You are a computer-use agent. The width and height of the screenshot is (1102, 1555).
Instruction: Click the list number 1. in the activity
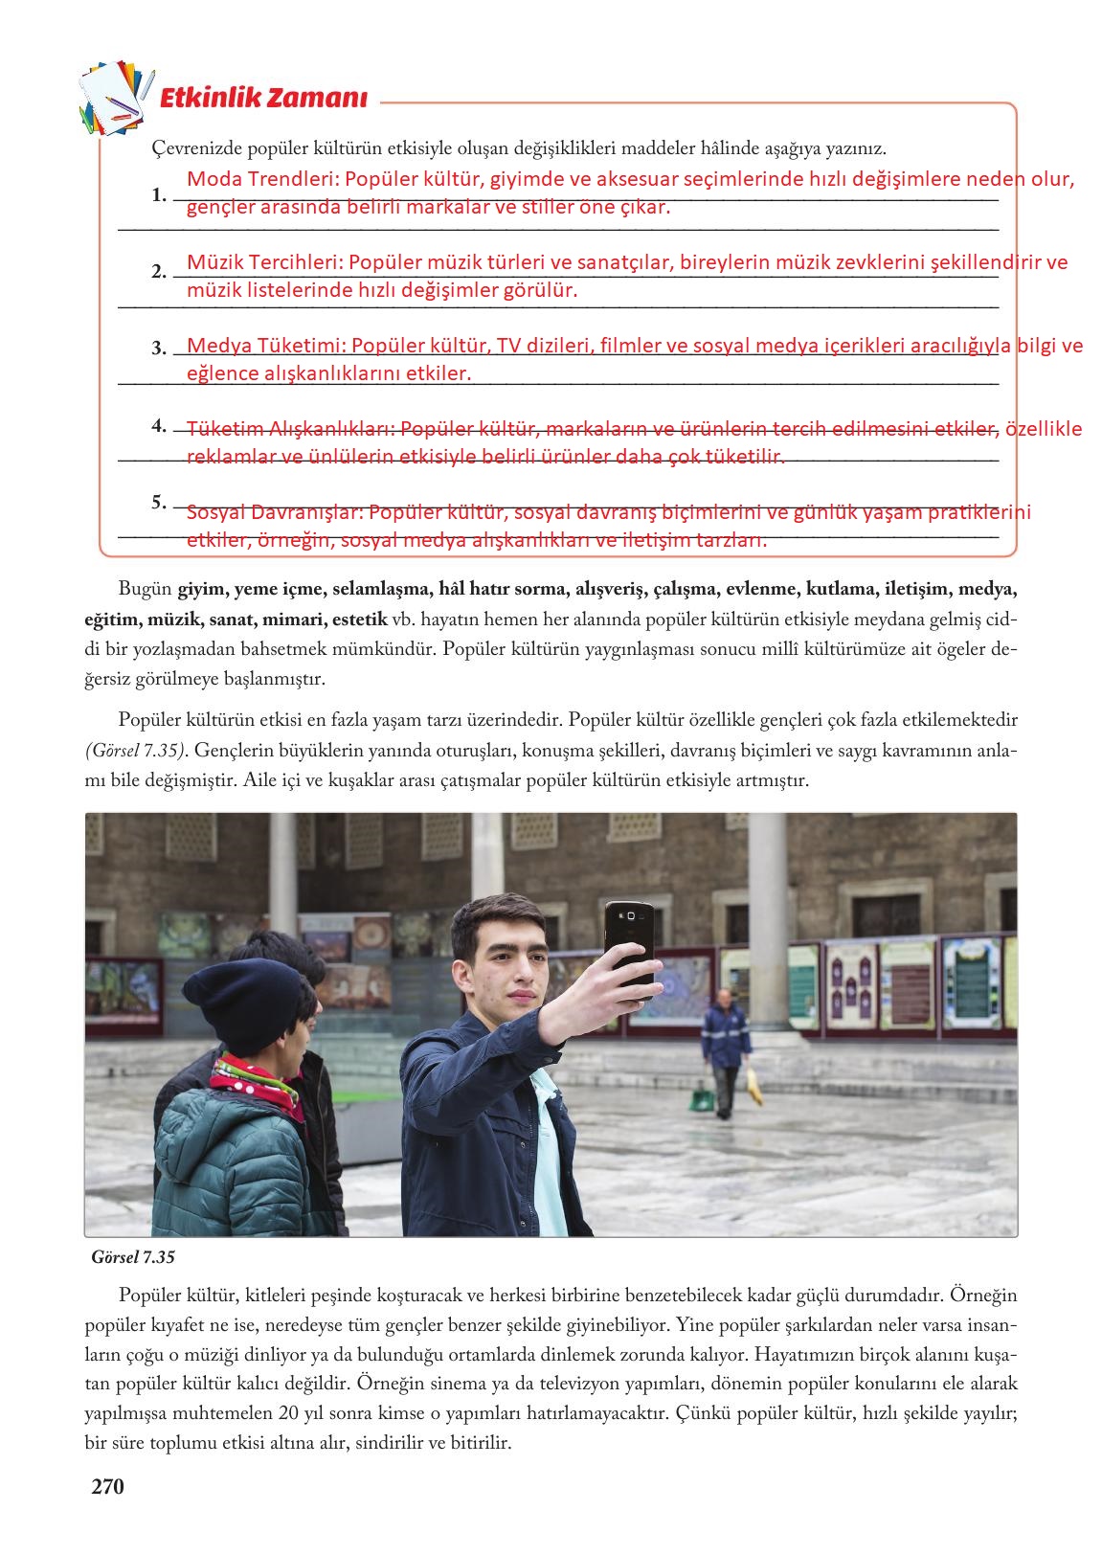pos(158,194)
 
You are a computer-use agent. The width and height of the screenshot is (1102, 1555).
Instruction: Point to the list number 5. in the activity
pos(158,502)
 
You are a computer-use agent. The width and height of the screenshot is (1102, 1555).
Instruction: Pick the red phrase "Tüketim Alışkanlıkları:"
pos(289,429)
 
